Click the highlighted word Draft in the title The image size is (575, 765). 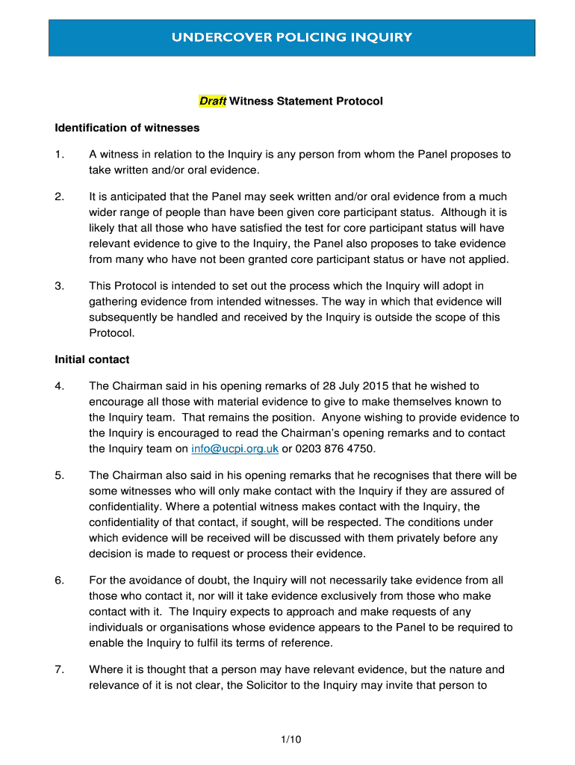point(212,101)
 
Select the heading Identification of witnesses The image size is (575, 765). point(127,128)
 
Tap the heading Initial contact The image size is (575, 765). point(92,359)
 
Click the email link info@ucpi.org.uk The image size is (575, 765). point(234,448)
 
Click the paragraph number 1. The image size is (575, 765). point(60,155)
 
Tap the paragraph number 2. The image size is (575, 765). point(60,196)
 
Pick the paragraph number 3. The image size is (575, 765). point(60,285)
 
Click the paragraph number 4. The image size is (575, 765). point(60,386)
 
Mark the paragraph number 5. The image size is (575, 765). point(60,475)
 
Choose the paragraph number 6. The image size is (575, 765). point(60,580)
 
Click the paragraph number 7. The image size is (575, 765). point(60,669)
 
